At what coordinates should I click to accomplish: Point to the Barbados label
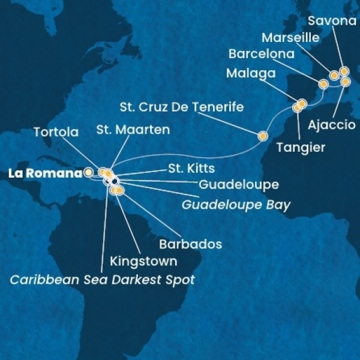tap(190, 245)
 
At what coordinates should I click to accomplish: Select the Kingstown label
tap(143, 262)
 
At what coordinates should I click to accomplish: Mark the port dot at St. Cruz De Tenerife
tap(262, 136)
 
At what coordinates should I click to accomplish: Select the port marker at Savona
tap(344, 71)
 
